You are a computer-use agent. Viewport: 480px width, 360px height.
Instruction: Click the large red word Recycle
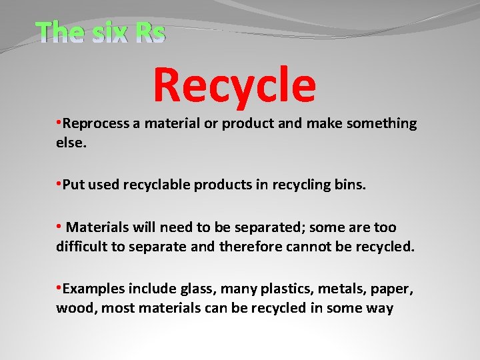234,85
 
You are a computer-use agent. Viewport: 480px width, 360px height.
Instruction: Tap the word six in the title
108,32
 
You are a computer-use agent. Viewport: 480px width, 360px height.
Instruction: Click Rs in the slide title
149,32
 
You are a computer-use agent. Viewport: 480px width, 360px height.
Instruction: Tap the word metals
346,289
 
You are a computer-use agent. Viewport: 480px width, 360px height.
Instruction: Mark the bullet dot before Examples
59,289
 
